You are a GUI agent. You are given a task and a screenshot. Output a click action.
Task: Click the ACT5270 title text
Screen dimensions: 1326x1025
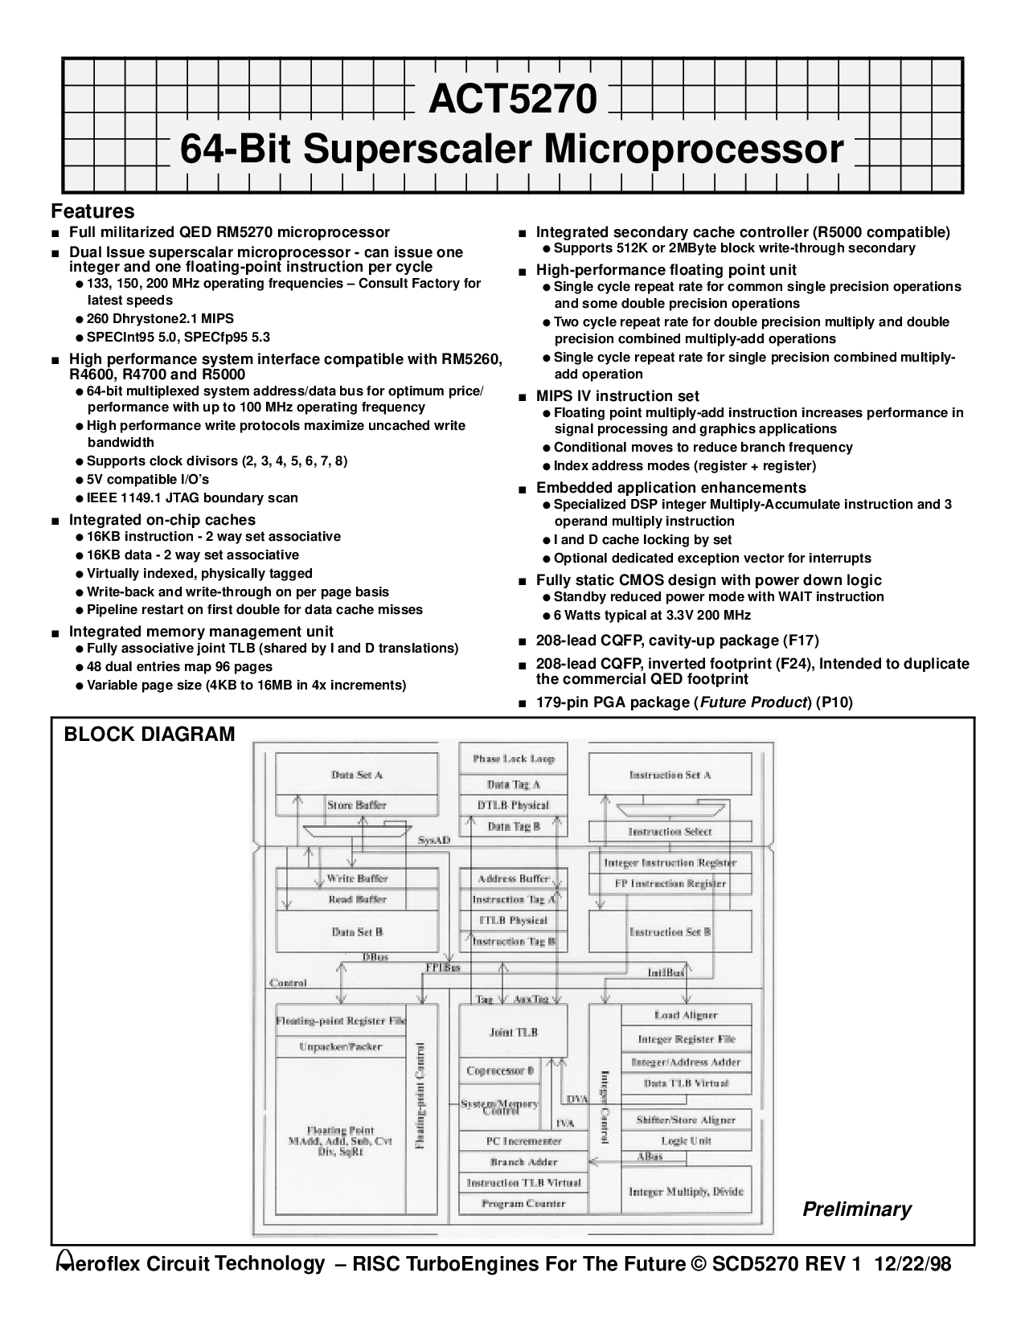click(x=513, y=100)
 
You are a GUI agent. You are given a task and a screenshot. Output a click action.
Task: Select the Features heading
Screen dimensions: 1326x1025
click(x=92, y=211)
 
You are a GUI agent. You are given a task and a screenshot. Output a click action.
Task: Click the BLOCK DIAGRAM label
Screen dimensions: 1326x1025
click(x=150, y=734)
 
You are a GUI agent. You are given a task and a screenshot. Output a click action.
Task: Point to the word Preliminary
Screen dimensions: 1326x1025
click(x=857, y=1209)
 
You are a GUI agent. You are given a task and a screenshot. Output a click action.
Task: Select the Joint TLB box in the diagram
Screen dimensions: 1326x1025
click(x=513, y=1032)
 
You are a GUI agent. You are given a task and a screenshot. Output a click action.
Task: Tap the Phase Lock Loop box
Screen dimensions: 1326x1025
click(x=513, y=759)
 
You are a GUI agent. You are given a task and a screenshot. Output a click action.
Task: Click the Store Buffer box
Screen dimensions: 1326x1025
click(x=357, y=804)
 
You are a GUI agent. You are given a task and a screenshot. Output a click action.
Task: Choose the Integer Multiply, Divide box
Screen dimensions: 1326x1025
click(x=686, y=1192)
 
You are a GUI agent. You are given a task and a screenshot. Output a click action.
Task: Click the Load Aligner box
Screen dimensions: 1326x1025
click(x=686, y=1016)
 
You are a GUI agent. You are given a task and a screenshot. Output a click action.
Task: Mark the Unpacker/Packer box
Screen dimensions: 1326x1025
click(x=341, y=1046)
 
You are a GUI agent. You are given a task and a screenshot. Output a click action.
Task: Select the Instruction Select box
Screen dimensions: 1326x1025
click(x=670, y=832)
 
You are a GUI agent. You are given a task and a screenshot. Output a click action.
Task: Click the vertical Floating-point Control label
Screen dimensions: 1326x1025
click(x=419, y=1097)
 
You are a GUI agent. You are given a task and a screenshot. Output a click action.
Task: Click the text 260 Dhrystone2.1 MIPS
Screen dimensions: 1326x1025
click(x=160, y=318)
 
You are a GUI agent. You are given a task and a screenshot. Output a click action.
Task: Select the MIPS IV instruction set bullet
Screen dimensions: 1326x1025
click(x=617, y=395)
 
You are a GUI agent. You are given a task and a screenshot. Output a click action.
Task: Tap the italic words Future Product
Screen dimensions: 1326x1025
click(x=753, y=702)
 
